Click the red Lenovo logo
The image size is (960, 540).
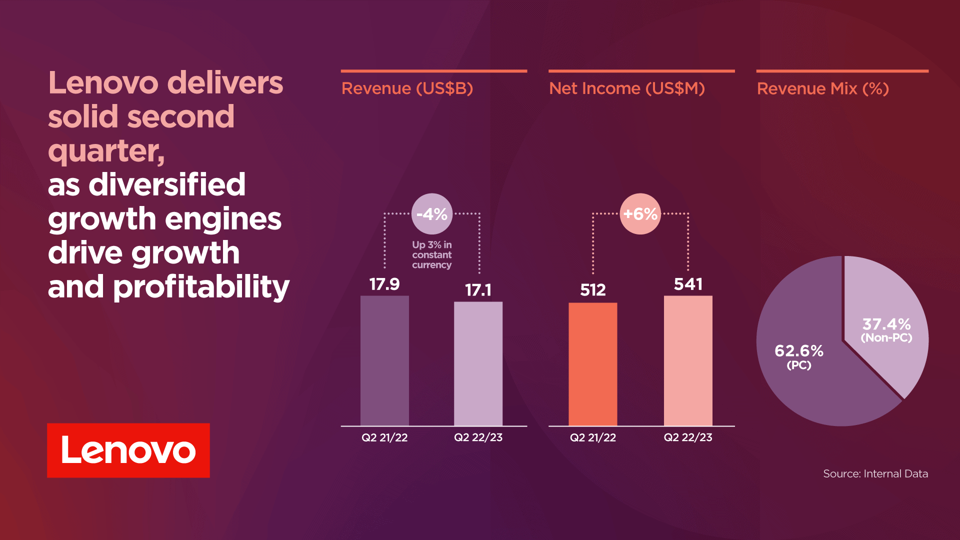(128, 450)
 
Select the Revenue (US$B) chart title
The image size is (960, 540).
(407, 88)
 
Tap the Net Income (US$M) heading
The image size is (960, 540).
(626, 88)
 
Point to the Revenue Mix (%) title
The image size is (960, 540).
(822, 88)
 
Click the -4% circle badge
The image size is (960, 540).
(432, 214)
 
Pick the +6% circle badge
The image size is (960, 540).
(640, 214)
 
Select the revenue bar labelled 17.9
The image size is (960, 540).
(384, 360)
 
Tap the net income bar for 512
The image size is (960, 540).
(592, 364)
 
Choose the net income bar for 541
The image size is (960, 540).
(688, 360)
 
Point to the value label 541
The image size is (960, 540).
(688, 284)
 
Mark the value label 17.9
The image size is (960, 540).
(384, 284)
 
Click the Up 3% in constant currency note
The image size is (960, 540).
(431, 255)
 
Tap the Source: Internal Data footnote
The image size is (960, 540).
(875, 473)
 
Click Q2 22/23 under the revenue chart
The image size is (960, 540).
(478, 437)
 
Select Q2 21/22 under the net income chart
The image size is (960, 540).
(592, 437)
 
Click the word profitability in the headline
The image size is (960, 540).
(201, 287)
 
